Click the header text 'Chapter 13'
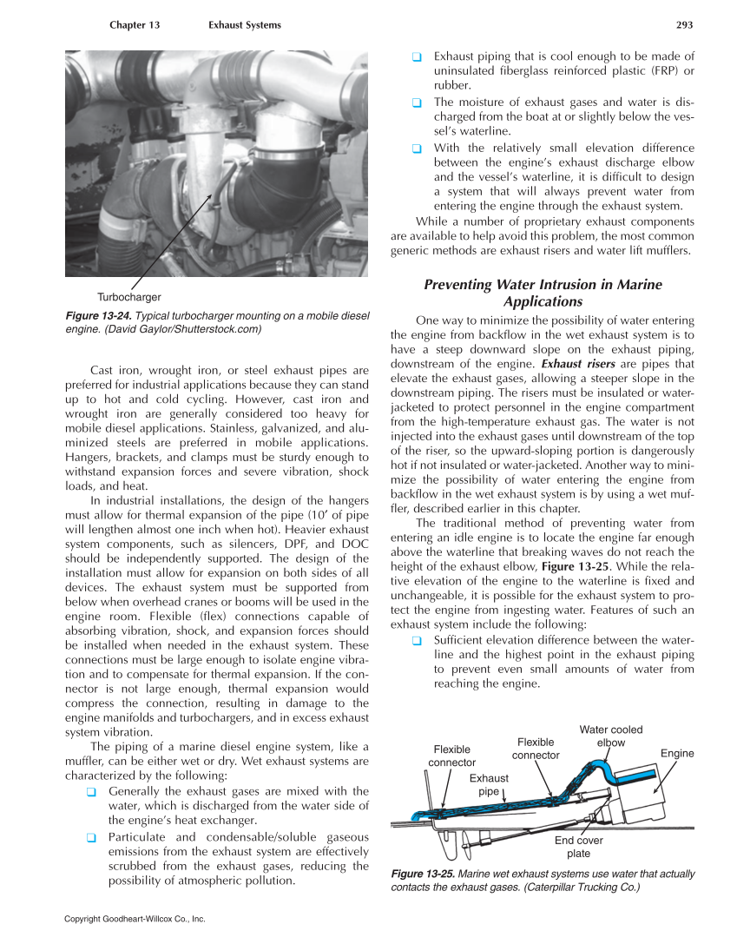click(x=135, y=25)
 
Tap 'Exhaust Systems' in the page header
click(x=245, y=25)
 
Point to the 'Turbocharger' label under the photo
click(x=129, y=297)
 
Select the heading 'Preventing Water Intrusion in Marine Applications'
click(x=543, y=293)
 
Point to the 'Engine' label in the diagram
click(x=677, y=753)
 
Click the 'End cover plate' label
click(x=578, y=847)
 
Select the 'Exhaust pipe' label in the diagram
click(x=488, y=785)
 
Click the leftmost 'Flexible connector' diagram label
click(x=451, y=756)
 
